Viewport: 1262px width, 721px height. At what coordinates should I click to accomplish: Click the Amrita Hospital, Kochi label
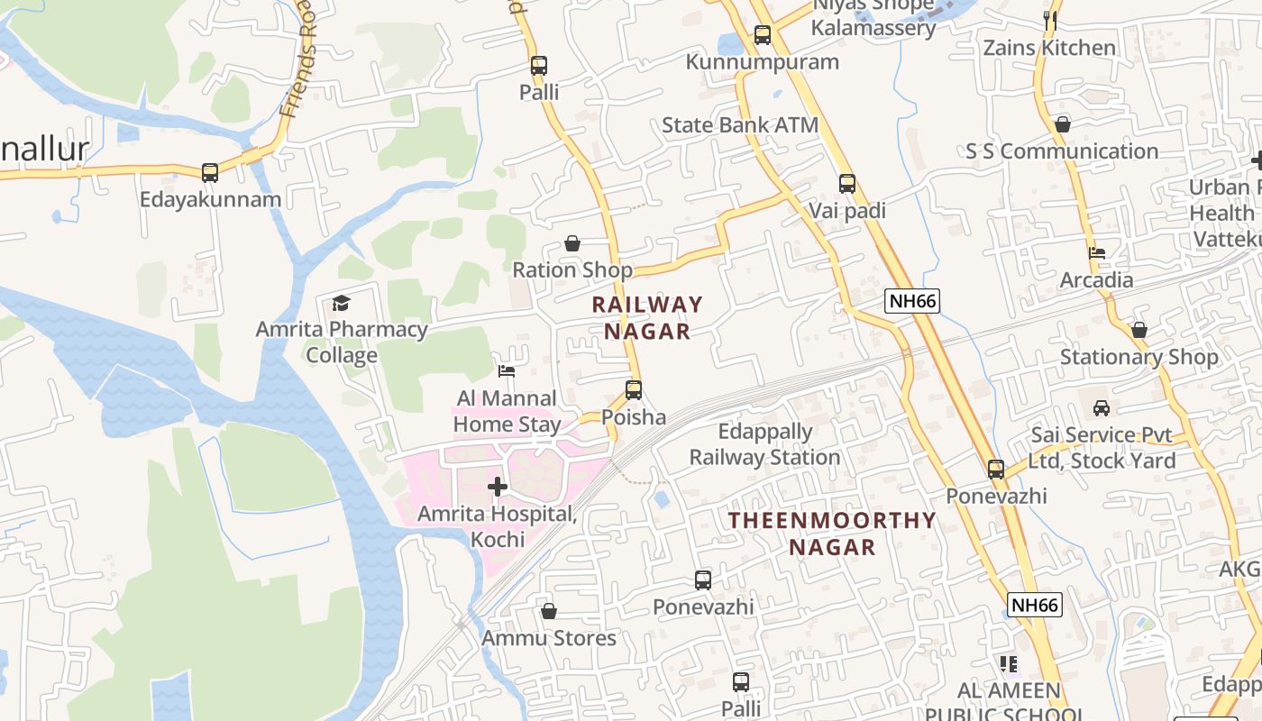[x=497, y=526]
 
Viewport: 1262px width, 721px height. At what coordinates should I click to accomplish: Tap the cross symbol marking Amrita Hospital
[x=497, y=487]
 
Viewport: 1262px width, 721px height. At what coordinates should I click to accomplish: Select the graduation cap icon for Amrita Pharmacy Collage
[x=341, y=303]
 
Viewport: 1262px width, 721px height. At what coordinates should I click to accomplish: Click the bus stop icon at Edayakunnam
[x=210, y=172]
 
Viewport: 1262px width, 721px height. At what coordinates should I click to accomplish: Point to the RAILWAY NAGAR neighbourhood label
[x=646, y=318]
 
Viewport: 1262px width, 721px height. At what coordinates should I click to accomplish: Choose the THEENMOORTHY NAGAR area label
[x=832, y=534]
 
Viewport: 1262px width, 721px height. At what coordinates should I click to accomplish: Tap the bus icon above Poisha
[x=634, y=390]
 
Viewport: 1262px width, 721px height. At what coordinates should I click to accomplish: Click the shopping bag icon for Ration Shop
[x=572, y=243]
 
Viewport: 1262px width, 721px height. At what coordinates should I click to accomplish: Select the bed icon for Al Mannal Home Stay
[x=507, y=370]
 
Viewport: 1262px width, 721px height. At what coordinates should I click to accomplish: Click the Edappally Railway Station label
[x=764, y=444]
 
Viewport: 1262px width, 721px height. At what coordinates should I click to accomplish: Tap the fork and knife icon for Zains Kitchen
[x=1049, y=21]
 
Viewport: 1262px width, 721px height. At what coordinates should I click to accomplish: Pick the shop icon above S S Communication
[x=1063, y=124]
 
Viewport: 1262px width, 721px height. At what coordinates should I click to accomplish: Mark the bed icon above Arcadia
[x=1097, y=253]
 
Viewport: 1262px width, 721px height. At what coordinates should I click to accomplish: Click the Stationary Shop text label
[x=1139, y=357]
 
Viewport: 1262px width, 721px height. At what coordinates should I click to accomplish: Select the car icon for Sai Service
[x=1102, y=408]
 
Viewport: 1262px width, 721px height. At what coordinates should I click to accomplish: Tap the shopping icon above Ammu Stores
[x=548, y=612]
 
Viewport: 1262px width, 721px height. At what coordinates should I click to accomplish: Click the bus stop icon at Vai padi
[x=847, y=184]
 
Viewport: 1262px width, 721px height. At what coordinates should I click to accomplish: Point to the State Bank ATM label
[x=740, y=125]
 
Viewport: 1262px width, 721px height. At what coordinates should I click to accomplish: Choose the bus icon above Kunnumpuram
[x=763, y=35]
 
